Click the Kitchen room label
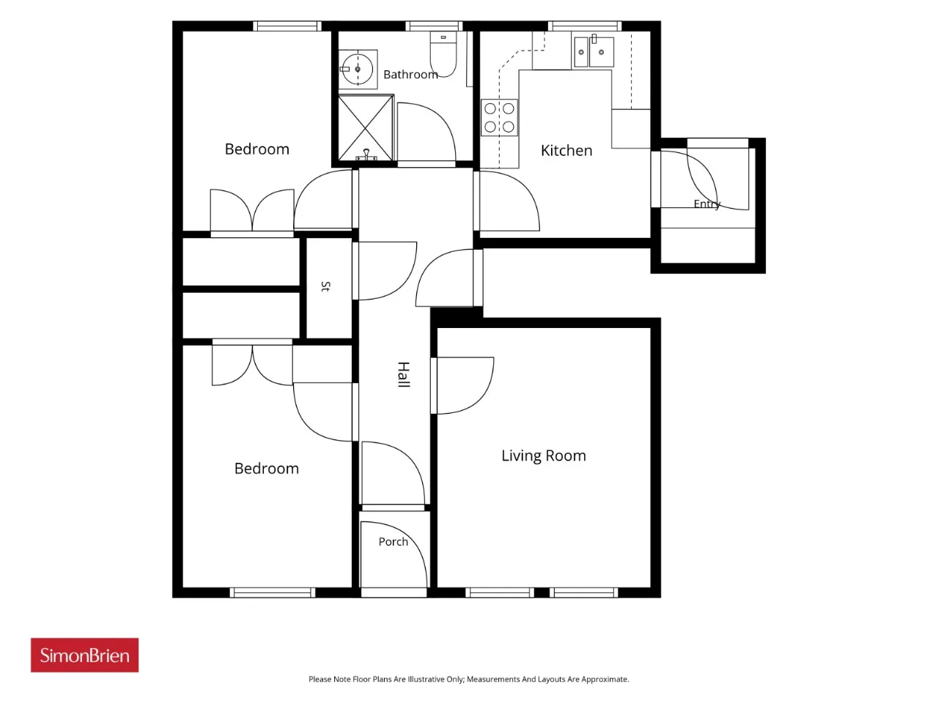tap(566, 151)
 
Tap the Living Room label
tap(544, 456)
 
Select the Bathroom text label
tap(410, 75)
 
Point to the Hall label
tap(404, 374)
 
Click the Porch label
tap(393, 542)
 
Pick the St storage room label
tap(325, 286)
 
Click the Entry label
tap(707, 204)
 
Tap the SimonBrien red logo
tap(84, 655)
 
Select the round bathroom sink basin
tap(358, 69)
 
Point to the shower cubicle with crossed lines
tap(366, 127)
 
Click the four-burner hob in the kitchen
tap(499, 117)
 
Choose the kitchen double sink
tap(594, 52)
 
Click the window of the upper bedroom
tap(287, 26)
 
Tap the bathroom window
tap(434, 26)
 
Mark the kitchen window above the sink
tap(585, 26)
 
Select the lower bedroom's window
tap(273, 592)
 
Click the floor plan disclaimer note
tap(469, 679)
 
